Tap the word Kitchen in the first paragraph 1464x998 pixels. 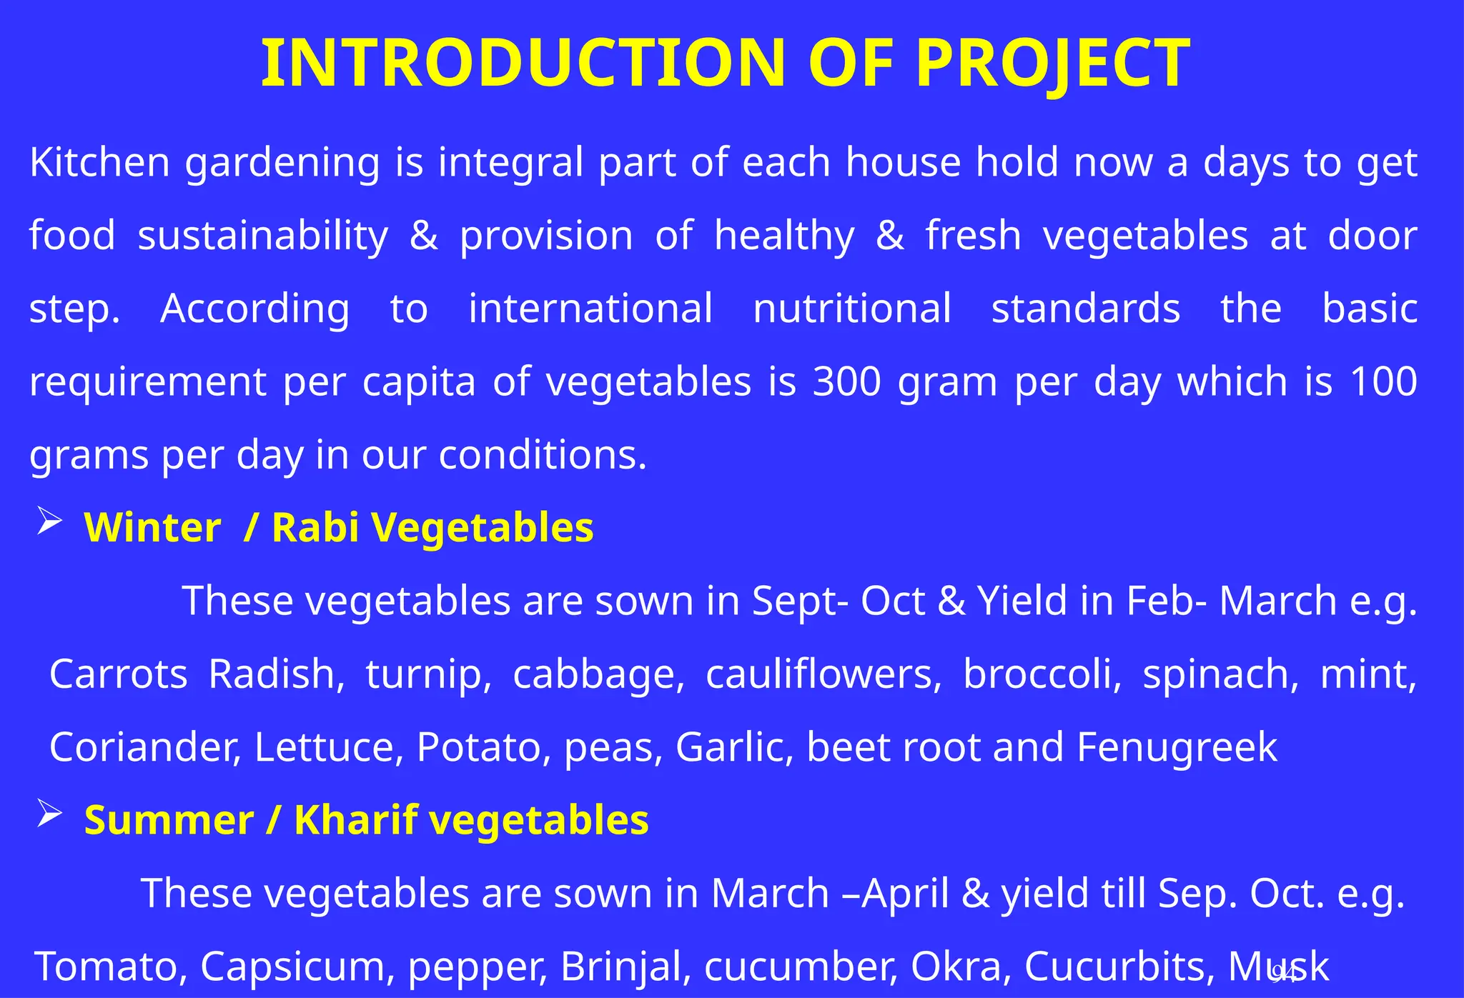[x=99, y=162]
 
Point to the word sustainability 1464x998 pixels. [x=262, y=236]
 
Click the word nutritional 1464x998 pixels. [x=851, y=309]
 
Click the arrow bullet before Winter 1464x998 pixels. [x=49, y=521]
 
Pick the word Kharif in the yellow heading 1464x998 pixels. [x=355, y=820]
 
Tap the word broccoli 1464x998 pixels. [x=1042, y=674]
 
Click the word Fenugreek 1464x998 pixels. [x=1177, y=747]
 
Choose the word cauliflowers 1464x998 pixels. [x=823, y=674]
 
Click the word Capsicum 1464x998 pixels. [x=297, y=967]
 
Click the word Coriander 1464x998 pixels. [x=144, y=747]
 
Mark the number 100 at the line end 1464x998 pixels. [x=1383, y=381]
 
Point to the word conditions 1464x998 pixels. [x=542, y=455]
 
